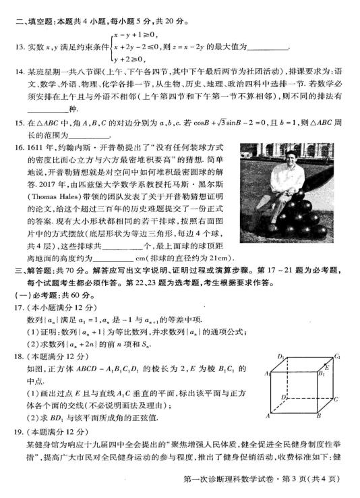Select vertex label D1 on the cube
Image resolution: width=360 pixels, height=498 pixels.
point(281,355)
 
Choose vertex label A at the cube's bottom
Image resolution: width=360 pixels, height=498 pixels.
point(266,416)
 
